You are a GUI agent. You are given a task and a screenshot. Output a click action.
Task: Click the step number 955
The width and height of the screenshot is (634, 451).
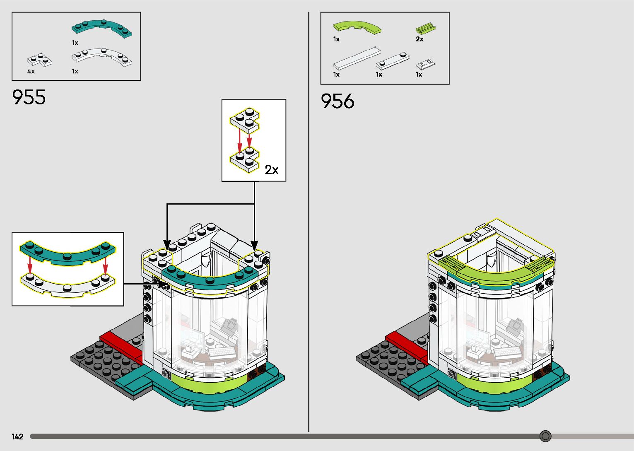(x=29, y=97)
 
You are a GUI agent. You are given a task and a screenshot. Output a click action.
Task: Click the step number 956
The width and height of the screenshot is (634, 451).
(x=337, y=101)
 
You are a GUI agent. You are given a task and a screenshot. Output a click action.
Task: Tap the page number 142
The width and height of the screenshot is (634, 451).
(x=18, y=437)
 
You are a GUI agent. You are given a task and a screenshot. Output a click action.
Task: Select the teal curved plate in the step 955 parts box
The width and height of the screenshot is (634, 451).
(x=101, y=28)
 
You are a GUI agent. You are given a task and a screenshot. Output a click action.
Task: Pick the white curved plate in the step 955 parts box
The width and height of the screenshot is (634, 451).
(x=101, y=58)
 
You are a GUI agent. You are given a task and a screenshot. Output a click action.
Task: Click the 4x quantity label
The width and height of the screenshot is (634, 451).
(x=31, y=71)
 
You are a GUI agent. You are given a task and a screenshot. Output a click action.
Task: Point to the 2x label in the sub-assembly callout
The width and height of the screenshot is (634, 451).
(x=272, y=170)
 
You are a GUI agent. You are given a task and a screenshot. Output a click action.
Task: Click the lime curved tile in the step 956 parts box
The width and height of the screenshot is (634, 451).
(x=357, y=27)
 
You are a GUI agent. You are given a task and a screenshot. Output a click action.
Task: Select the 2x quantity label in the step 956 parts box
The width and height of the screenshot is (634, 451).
(x=419, y=39)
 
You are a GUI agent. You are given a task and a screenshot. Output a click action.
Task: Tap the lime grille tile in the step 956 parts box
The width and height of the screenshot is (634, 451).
(x=427, y=29)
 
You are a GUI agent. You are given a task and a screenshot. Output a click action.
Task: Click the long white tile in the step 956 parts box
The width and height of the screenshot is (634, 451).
(x=357, y=58)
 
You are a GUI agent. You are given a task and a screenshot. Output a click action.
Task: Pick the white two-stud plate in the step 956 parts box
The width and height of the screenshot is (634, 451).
(x=393, y=60)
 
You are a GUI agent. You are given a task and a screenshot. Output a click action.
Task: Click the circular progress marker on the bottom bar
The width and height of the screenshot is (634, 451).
(x=545, y=436)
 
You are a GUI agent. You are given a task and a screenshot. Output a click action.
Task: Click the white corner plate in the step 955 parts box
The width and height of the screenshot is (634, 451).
(x=40, y=60)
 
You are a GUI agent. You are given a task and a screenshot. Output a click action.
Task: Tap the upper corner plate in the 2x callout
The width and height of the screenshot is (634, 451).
(x=244, y=119)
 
